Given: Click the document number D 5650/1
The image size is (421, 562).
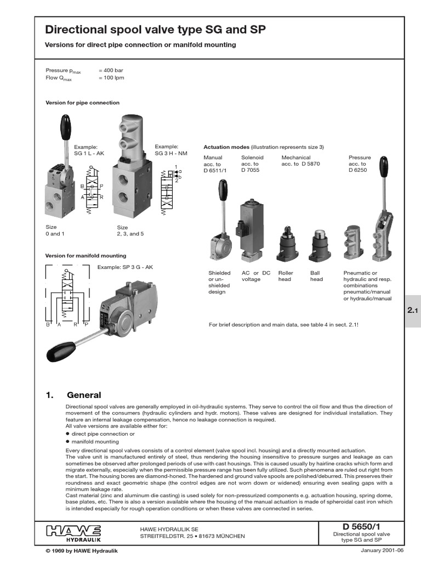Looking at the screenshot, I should [x=354, y=527].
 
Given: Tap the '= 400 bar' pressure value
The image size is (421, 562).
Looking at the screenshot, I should [x=111, y=71].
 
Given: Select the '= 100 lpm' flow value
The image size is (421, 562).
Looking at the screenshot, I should [x=111, y=78].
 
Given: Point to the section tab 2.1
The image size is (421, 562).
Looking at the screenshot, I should [x=412, y=311].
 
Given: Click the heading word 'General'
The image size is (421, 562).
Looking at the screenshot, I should [x=84, y=395].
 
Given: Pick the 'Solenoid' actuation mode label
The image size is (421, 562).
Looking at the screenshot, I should [x=252, y=158].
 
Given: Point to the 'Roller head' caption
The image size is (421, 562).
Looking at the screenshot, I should [x=286, y=276].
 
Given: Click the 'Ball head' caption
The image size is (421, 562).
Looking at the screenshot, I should [x=316, y=276].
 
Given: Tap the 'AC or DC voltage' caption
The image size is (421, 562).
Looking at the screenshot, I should [x=256, y=276].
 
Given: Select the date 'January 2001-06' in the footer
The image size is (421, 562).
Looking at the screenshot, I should [x=381, y=550].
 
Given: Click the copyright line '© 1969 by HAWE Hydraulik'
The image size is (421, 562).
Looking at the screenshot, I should [x=81, y=550].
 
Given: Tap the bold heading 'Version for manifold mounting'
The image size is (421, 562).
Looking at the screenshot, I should [x=86, y=256].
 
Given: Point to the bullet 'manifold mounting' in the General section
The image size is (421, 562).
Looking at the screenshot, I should [x=95, y=441].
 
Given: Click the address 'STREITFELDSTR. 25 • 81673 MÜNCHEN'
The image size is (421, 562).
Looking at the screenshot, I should [x=192, y=536].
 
